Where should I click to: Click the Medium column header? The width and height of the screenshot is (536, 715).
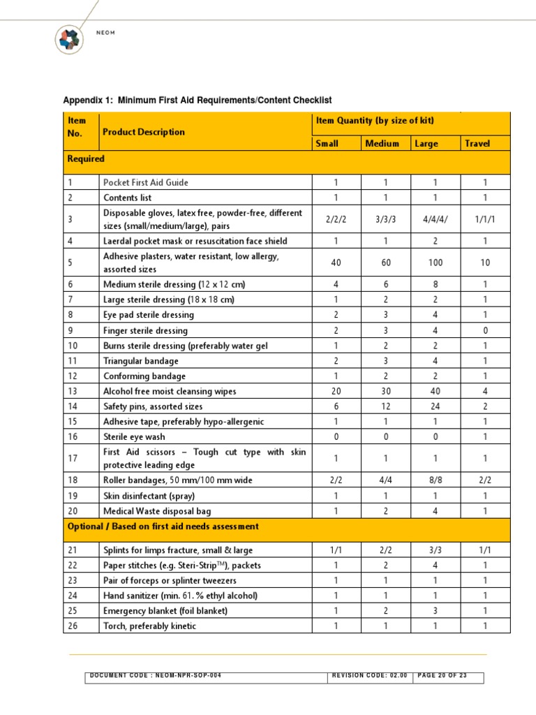pos(382,144)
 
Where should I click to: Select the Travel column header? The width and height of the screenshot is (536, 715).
pos(477,144)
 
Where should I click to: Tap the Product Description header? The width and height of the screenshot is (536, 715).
pos(144,132)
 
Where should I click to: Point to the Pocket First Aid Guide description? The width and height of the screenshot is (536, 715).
pos(146,182)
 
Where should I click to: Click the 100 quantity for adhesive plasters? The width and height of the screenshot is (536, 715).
pos(435,263)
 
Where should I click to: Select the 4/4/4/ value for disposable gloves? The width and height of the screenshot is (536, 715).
pos(435,219)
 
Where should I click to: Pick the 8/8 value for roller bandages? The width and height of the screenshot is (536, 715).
pos(435,480)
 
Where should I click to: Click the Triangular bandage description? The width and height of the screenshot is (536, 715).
pos(141,361)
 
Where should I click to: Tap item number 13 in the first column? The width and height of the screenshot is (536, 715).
pos(73,392)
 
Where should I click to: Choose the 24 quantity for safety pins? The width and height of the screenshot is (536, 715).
pos(435,406)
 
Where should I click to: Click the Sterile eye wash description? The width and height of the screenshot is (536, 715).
pos(134,436)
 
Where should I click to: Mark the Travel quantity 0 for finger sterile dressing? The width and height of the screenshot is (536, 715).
pos(485,330)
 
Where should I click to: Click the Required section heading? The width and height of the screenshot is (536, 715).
pos(86,159)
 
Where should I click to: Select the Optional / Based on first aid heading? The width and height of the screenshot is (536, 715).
pos(163,526)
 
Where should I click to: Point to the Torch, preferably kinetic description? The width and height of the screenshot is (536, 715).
pos(149,626)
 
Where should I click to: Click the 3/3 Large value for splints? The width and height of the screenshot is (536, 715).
pos(435,550)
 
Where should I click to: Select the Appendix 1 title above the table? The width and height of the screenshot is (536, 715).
pos(198,101)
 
